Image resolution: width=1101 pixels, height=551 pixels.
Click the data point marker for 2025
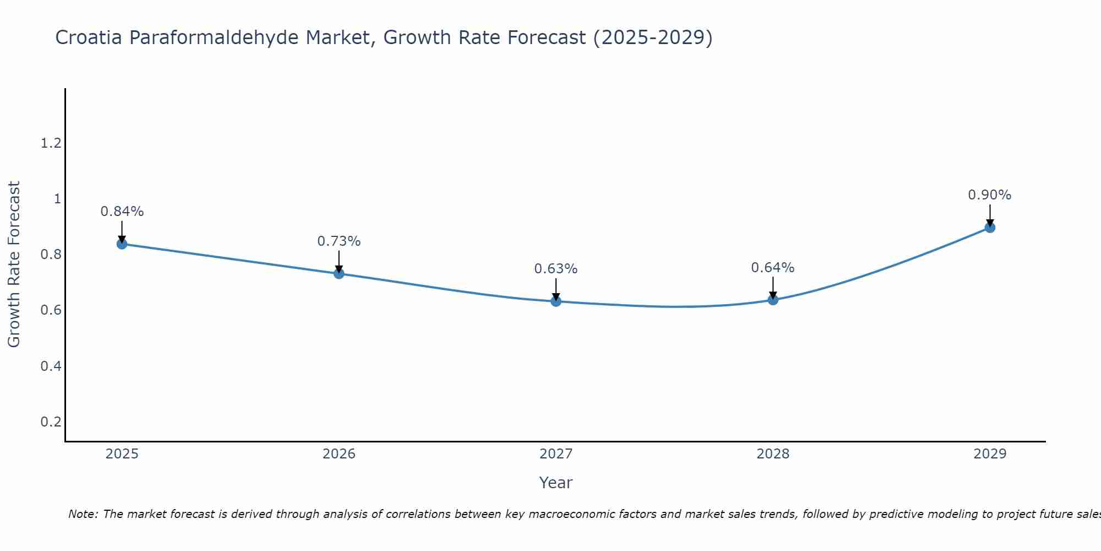[x=122, y=244]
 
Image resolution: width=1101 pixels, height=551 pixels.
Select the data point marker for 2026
[x=339, y=273]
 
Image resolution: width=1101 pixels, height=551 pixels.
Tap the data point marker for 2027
[x=556, y=301]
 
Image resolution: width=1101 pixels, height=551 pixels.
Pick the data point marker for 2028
[x=773, y=300]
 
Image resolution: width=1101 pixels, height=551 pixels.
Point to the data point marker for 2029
[x=990, y=228]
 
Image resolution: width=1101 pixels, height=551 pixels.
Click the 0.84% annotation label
[x=122, y=212]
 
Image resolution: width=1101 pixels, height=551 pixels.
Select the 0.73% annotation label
[x=339, y=241]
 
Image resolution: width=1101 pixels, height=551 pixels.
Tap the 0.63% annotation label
[x=556, y=269]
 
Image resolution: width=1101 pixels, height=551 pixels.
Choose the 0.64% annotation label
[x=773, y=268]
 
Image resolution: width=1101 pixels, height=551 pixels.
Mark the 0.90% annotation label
[x=990, y=195]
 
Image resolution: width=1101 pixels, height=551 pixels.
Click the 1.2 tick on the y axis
[x=51, y=143]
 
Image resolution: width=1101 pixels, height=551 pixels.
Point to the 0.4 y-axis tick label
[x=51, y=366]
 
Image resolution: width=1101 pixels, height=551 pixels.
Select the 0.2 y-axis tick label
[x=51, y=422]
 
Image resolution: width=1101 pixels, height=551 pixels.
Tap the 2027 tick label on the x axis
[x=556, y=454]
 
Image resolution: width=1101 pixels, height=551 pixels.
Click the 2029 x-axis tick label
[x=990, y=454]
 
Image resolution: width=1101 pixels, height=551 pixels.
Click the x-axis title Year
[x=556, y=483]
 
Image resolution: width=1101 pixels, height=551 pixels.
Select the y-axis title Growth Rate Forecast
[x=14, y=264]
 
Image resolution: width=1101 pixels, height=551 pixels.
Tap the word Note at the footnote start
[x=83, y=514]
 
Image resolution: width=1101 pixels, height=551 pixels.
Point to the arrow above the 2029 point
[x=990, y=215]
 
